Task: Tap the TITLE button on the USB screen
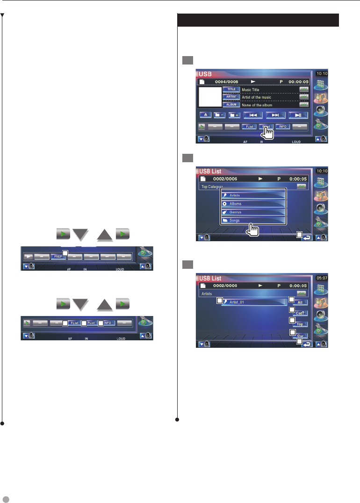(231, 89)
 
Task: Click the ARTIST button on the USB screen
(231, 97)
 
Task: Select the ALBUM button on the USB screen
(231, 105)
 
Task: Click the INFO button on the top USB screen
(282, 126)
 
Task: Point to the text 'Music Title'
(250, 89)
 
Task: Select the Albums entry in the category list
(253, 204)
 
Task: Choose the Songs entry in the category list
(253, 220)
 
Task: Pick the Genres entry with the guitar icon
(253, 212)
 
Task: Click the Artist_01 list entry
(254, 302)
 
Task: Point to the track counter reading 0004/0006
(228, 81)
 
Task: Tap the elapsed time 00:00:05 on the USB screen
(298, 81)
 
